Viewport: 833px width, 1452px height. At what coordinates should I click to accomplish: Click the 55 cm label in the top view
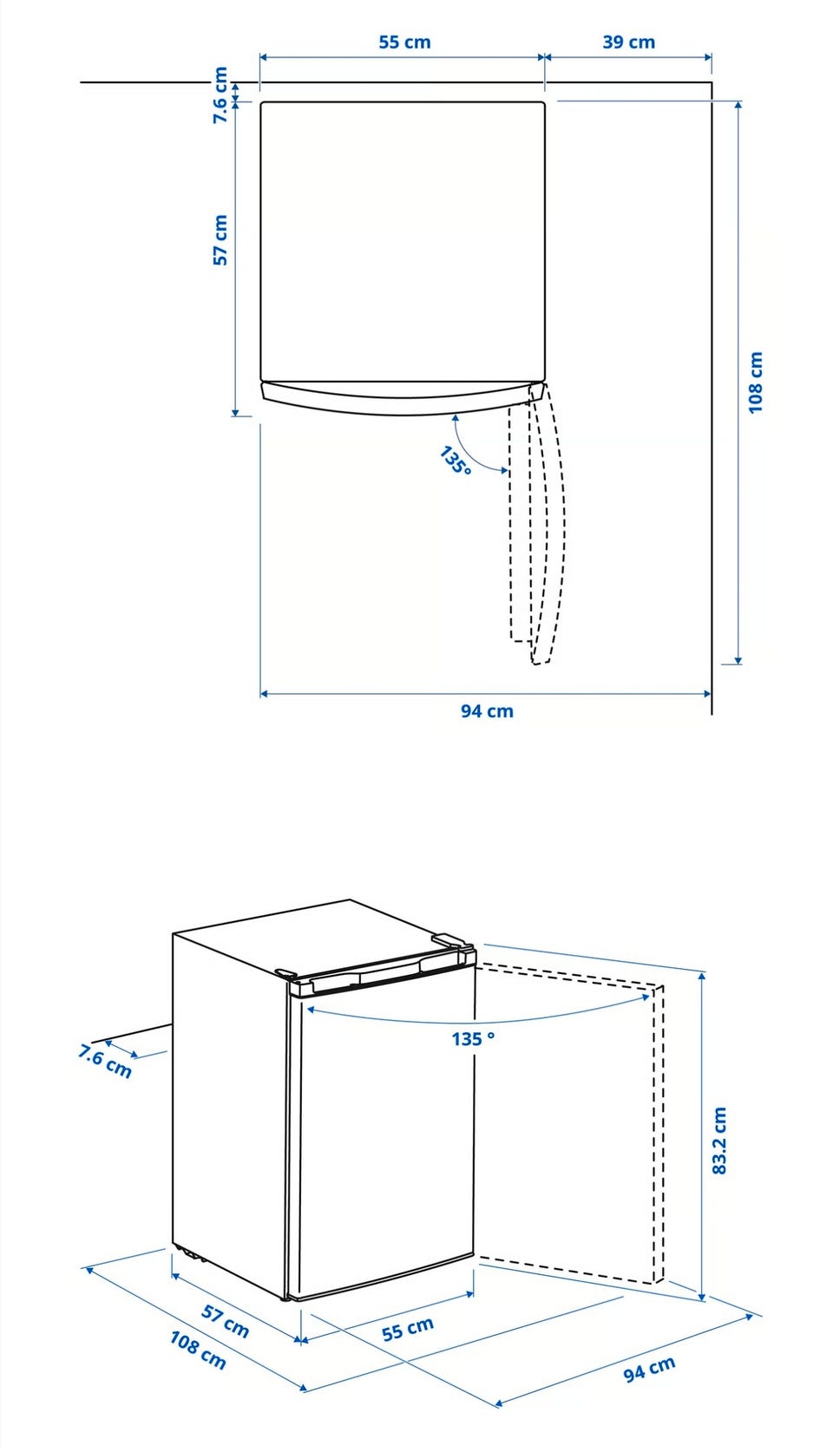point(404,43)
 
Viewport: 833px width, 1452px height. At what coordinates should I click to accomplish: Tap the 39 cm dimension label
point(628,43)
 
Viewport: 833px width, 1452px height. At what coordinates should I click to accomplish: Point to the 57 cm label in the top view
point(221,240)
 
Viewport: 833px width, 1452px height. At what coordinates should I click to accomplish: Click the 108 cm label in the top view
point(755,383)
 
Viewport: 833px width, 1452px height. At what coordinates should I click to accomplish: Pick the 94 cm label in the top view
point(487,711)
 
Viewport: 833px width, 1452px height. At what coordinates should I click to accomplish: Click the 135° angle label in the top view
point(455,461)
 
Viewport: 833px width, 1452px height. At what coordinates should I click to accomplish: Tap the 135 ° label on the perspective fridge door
point(473,1038)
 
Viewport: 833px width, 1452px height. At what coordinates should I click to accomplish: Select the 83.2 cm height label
point(719,1141)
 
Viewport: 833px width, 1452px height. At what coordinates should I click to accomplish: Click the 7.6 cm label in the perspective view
point(105,1061)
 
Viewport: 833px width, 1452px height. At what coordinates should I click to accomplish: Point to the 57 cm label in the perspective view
point(225,1321)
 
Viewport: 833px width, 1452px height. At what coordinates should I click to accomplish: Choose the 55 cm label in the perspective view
point(407,1330)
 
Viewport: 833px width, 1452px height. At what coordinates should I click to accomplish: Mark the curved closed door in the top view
point(402,399)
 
